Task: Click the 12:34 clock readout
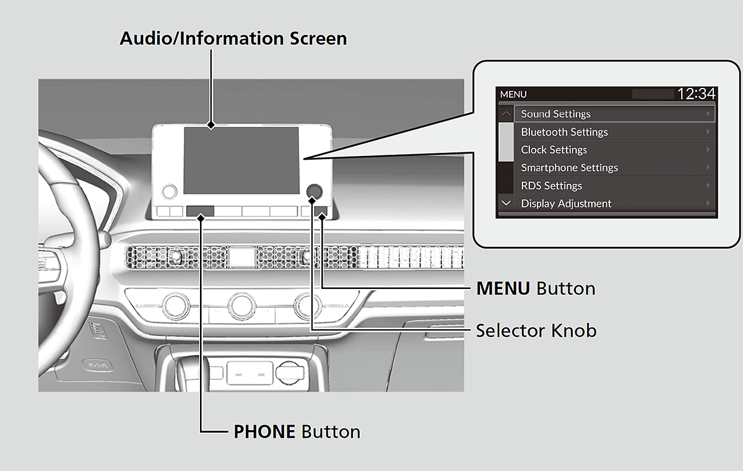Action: point(696,94)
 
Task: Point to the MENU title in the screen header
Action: point(513,95)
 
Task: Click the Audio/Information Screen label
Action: point(233,38)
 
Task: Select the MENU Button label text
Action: point(536,288)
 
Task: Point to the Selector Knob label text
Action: point(536,331)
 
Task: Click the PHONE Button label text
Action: point(297,431)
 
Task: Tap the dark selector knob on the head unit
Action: point(315,191)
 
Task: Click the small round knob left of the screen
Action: point(169,191)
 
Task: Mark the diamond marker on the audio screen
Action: point(211,125)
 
